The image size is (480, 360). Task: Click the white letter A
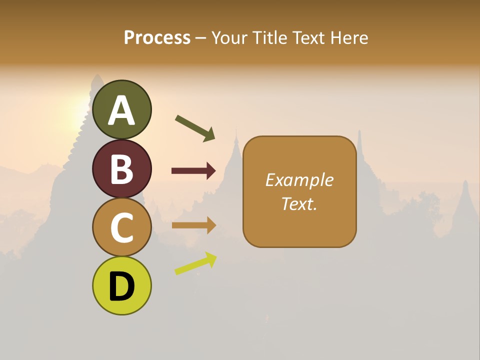click(x=122, y=110)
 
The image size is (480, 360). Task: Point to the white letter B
click(x=122, y=169)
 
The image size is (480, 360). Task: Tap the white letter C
click(x=122, y=227)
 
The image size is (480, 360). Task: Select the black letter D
click(x=122, y=286)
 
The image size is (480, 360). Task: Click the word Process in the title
click(x=157, y=38)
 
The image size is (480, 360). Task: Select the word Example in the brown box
click(x=299, y=180)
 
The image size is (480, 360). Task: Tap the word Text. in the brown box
click(x=299, y=203)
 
